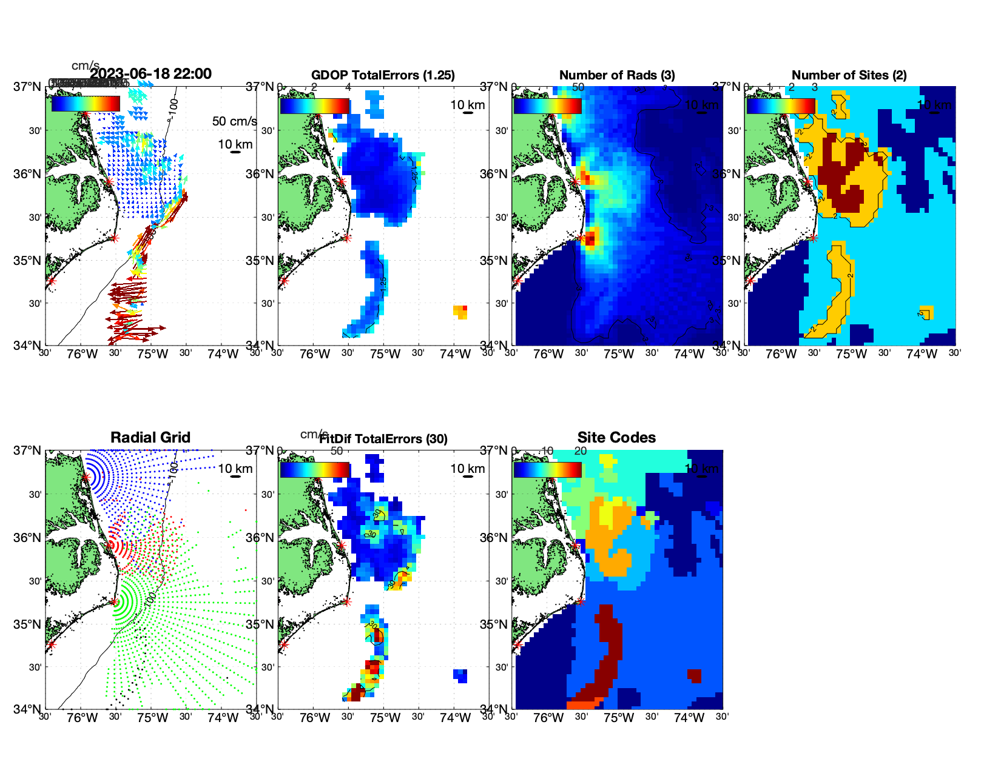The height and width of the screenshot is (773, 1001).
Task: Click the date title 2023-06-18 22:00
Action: point(151,74)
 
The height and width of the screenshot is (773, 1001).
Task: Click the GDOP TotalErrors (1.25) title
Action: point(383,75)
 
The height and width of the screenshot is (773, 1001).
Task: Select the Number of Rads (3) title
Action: point(617,75)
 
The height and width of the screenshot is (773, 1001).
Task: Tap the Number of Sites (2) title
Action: point(849,75)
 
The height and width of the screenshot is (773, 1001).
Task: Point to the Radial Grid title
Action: point(150,438)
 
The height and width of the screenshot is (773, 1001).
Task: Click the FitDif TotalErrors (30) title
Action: point(383,439)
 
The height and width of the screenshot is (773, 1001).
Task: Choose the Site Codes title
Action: point(616,438)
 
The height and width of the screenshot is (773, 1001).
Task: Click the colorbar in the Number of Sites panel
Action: point(781,105)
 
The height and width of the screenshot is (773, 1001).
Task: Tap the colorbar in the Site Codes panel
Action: point(548,470)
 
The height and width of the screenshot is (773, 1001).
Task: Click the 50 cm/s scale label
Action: point(234,121)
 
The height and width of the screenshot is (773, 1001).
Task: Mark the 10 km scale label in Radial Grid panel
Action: point(235,469)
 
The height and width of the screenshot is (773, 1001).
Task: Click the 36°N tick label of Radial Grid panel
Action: point(28,538)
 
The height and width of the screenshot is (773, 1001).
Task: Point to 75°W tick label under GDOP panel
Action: point(385,354)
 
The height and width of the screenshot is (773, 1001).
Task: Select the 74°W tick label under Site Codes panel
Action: point(689,718)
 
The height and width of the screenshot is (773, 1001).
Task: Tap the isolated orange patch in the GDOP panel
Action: point(461,312)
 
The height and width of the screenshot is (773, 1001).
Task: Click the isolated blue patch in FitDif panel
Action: point(461,675)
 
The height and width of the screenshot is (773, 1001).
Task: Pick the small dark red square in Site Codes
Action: point(695,675)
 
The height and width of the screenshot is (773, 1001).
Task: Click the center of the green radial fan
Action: point(114,601)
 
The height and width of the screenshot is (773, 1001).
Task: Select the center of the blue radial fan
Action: point(86,477)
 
